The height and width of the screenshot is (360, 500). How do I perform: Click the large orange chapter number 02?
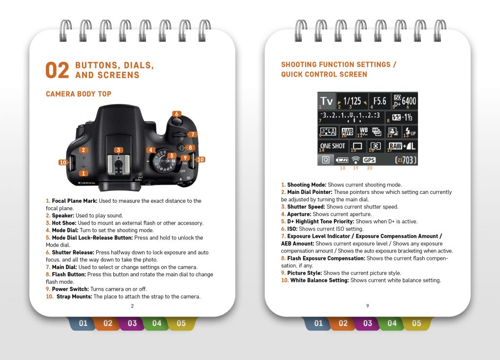click(x=57, y=70)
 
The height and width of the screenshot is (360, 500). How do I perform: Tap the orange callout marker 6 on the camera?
click(x=177, y=114)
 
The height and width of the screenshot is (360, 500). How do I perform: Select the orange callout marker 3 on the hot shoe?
click(x=119, y=150)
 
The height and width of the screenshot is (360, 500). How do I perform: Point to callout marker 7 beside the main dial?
click(x=192, y=134)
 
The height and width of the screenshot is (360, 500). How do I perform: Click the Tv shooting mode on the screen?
click(x=327, y=101)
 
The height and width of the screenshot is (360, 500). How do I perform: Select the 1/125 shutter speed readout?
click(x=352, y=101)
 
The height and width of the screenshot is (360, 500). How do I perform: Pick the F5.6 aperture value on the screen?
click(x=380, y=101)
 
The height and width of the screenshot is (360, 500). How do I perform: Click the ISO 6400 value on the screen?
click(x=409, y=101)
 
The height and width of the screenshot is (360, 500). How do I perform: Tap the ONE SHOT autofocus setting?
click(x=333, y=146)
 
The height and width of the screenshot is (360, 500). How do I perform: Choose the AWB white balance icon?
click(x=347, y=131)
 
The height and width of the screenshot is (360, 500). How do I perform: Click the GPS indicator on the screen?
click(x=369, y=160)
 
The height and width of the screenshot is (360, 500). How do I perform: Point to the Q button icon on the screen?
click(x=326, y=159)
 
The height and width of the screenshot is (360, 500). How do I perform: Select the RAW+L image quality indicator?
click(x=402, y=146)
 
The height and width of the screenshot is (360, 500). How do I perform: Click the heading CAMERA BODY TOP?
click(x=79, y=94)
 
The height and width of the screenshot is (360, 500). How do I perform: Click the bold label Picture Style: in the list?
click(x=305, y=273)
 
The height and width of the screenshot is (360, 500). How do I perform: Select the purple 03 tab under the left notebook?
click(x=132, y=323)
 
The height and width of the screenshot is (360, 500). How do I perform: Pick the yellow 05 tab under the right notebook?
click(x=417, y=323)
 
